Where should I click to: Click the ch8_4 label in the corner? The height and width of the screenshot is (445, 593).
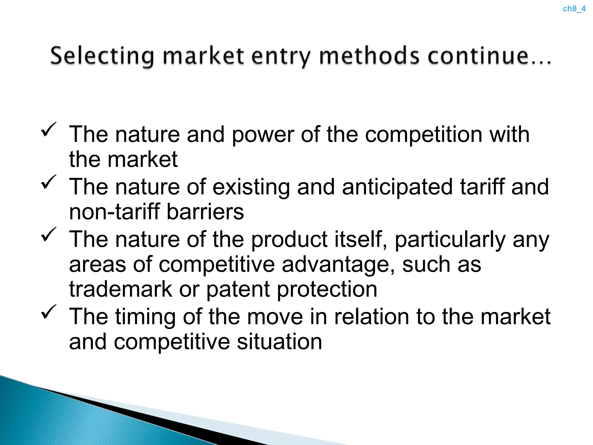click(x=574, y=9)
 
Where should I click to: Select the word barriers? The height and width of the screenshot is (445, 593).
click(x=205, y=212)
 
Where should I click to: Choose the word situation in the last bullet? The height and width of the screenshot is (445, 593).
click(x=279, y=342)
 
